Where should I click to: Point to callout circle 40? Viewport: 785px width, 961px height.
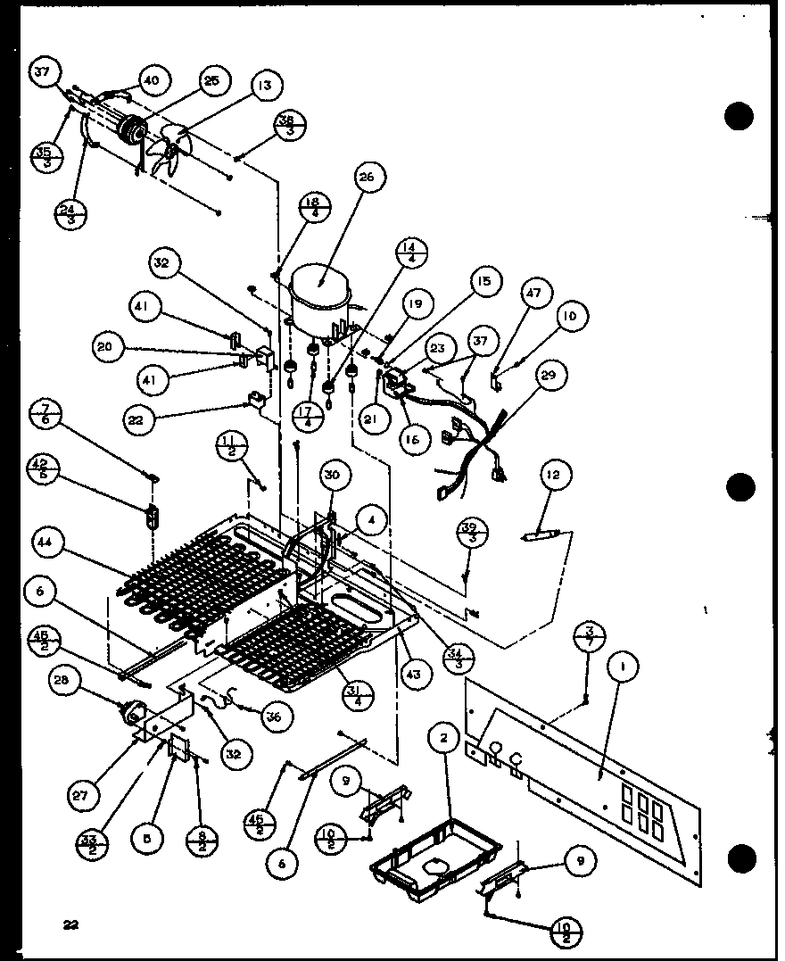coord(151,80)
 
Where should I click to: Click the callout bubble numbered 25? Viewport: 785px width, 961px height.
coord(211,81)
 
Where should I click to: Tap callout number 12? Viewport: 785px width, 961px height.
coord(554,475)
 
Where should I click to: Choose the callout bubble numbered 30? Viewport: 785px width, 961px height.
coord(332,476)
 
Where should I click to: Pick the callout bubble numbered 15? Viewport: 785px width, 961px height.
coord(483,283)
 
